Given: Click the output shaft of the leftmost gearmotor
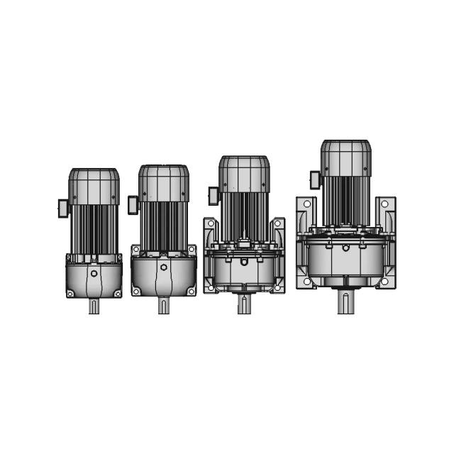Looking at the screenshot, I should tap(94, 306).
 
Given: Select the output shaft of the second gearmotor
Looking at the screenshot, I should tap(163, 306).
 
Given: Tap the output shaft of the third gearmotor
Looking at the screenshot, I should tap(243, 306).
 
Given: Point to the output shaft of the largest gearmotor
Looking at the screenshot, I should tap(345, 302).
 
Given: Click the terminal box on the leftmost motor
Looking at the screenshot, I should tap(62, 208).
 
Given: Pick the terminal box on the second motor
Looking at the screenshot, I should tap(133, 205).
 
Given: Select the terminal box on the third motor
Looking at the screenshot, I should tap(213, 196).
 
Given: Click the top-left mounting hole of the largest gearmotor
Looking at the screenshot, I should tap(306, 204).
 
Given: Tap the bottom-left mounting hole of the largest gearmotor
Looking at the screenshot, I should tap(306, 282).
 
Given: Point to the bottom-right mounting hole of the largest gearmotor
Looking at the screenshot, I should tap(384, 282).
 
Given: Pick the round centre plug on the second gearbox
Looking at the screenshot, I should tap(163, 267).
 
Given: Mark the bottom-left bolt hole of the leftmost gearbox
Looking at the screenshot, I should tap(70, 293).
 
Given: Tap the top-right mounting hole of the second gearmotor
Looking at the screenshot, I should tap(191, 250).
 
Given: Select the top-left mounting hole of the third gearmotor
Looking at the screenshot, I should tap(209, 224).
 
